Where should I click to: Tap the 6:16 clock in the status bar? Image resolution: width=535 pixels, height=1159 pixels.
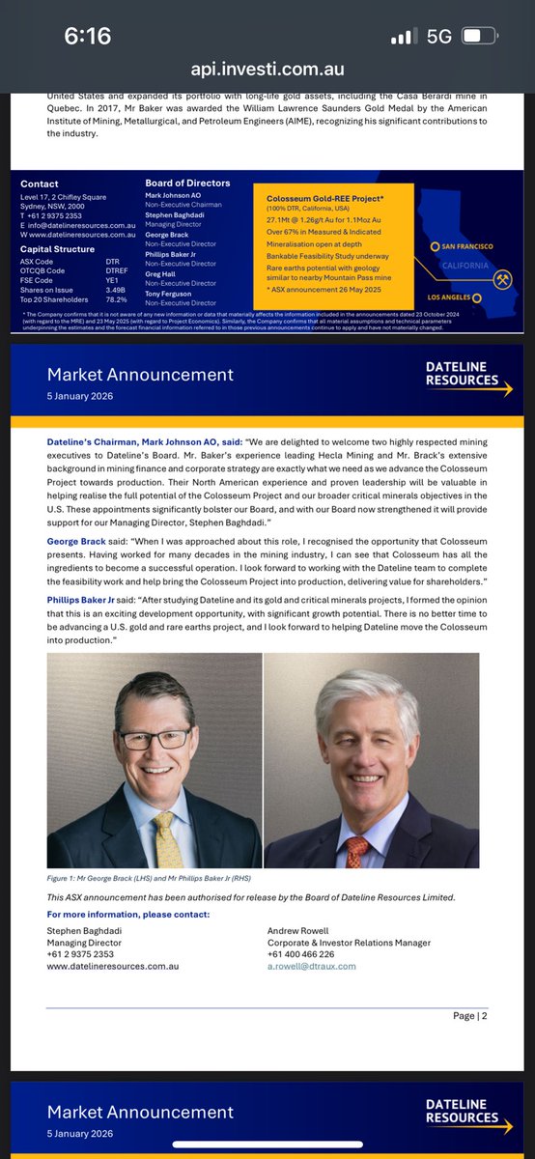coord(87,38)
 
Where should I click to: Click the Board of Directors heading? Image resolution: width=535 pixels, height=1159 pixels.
coord(187,184)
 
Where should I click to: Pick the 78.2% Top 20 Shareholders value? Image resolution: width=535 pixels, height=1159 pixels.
coord(116,302)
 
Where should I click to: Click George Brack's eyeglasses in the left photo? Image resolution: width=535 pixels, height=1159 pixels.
coord(155,738)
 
